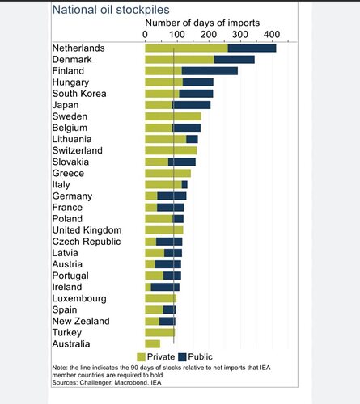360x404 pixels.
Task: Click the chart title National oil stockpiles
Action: coord(111,10)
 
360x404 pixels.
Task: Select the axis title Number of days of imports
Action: coord(202,23)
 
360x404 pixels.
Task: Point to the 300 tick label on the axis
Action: coord(240,35)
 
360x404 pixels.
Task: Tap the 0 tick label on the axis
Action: coord(145,35)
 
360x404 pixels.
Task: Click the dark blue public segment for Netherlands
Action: coord(252,48)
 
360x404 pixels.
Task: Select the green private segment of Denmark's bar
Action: coord(180,60)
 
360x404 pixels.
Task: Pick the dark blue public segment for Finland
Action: coord(210,71)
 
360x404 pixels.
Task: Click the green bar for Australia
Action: coord(152,344)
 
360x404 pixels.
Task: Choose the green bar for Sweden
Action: coord(173,116)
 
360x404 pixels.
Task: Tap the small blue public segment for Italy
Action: coord(184,184)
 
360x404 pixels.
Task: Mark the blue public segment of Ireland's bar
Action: coord(165,287)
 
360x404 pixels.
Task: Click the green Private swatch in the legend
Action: coord(141,357)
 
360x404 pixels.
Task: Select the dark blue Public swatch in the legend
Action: coord(182,357)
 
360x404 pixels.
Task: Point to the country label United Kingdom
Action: coord(87,230)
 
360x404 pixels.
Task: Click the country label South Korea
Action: coord(79,94)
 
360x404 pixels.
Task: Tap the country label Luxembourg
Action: coord(79,298)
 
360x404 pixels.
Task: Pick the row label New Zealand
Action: coord(81,321)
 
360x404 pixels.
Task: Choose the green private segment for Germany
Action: coord(151,196)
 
